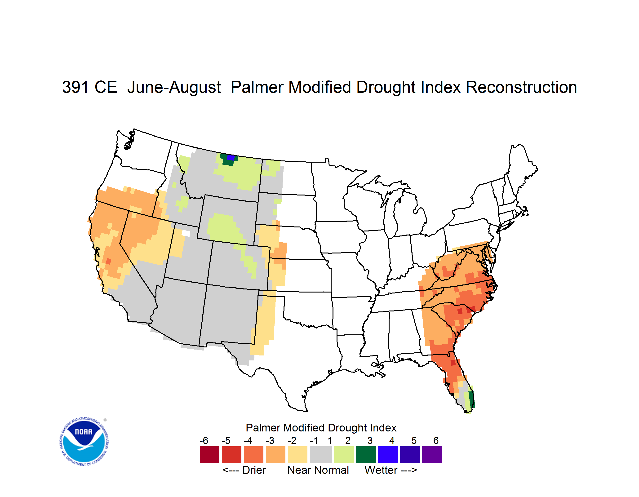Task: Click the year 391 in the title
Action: coord(75,87)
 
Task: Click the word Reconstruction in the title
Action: coord(521,87)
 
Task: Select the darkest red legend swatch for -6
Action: coord(209,455)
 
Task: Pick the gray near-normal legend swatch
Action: coord(321,455)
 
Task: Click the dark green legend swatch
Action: coord(366,455)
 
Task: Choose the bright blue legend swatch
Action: coord(388,455)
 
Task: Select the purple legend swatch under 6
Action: coord(432,455)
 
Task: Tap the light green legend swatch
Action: coord(344,455)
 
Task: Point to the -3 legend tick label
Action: coord(270,440)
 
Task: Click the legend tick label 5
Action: coord(414,440)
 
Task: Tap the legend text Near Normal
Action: coord(318,470)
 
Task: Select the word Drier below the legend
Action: coord(254,470)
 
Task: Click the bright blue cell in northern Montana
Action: coord(231,157)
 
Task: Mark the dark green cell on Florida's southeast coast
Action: coord(471,399)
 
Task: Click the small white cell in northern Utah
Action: coord(186,233)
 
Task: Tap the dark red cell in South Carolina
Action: coord(460,311)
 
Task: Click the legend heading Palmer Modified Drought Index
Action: coord(321,428)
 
